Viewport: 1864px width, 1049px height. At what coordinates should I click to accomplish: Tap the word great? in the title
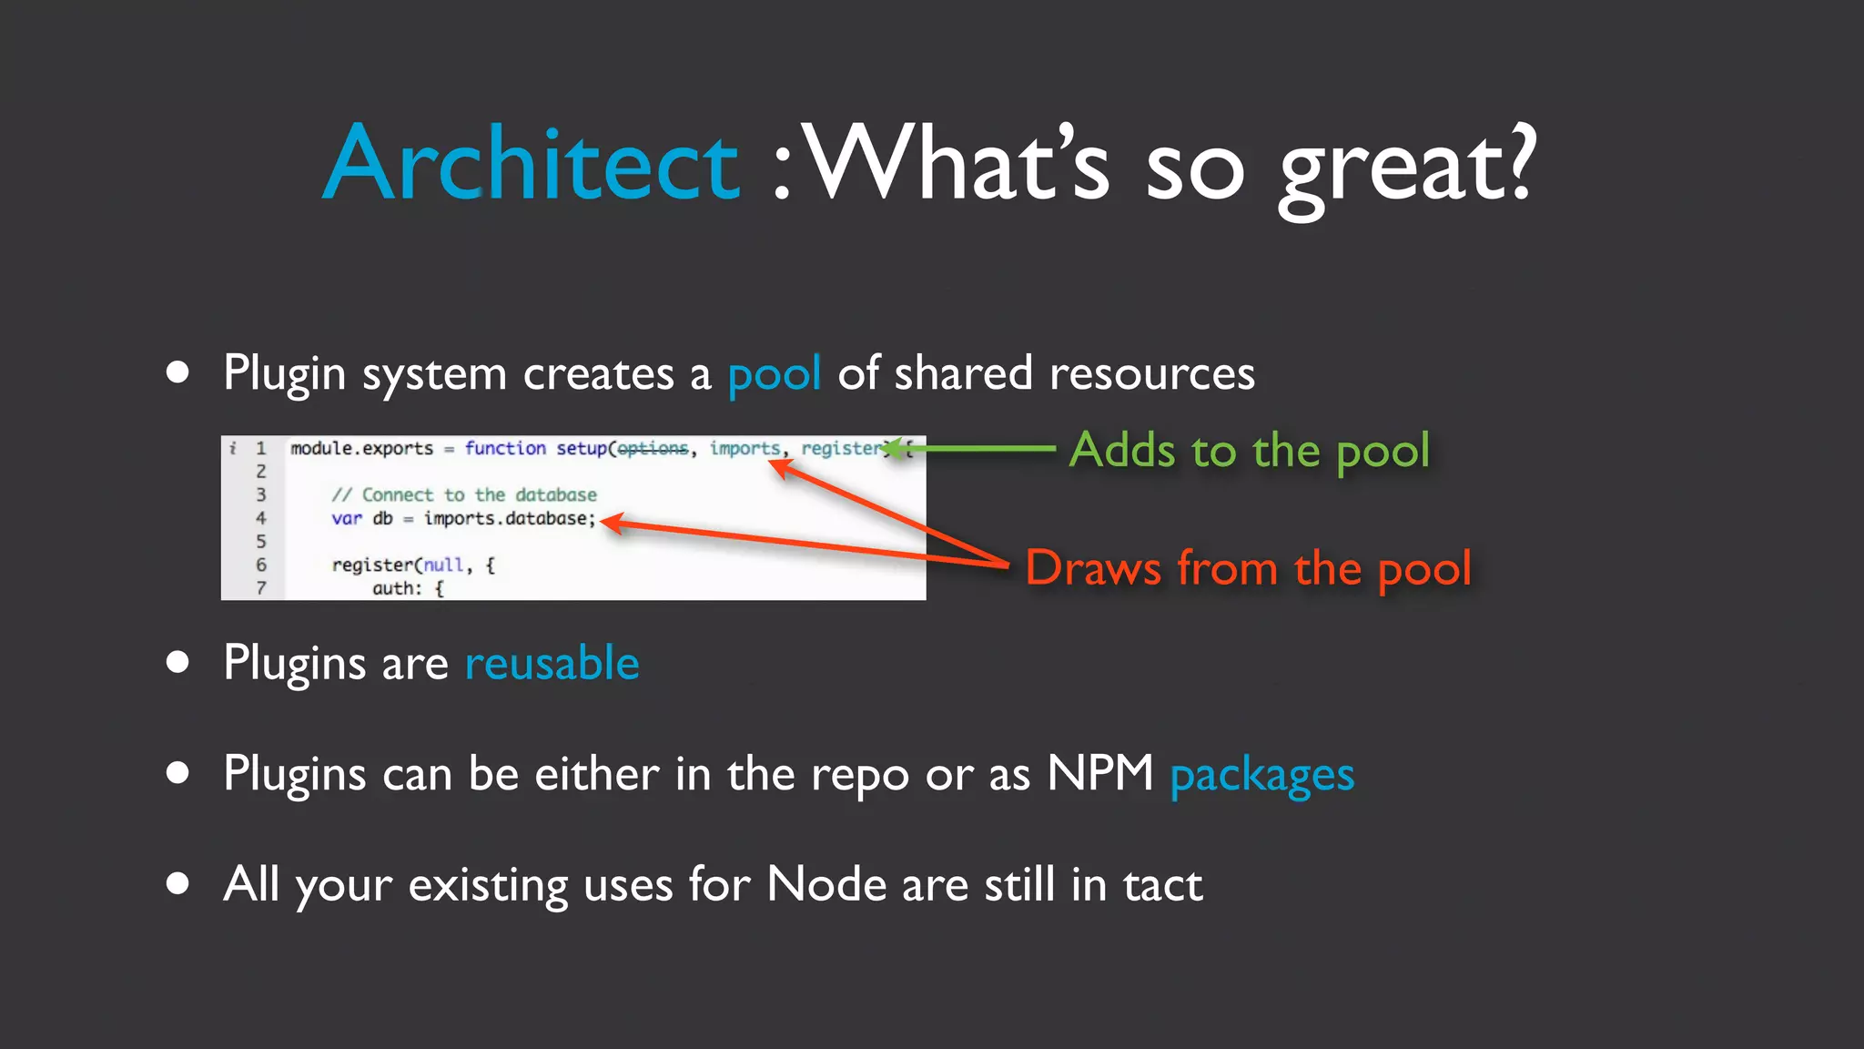pos(1406,168)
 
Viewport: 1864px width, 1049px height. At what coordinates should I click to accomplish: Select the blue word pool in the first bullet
pos(774,374)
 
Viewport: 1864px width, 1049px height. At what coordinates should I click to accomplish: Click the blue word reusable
pos(552,663)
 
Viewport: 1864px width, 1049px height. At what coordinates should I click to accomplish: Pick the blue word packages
pos(1261,776)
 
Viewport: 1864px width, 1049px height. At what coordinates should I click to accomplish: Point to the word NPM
pos(1099,774)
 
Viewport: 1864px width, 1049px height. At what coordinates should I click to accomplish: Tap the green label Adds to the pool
pos(1249,451)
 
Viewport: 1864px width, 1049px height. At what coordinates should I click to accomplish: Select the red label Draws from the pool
pos(1248,568)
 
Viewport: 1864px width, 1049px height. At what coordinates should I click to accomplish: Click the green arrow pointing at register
pos(974,448)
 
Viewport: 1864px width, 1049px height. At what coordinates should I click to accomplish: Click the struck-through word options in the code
pos(653,448)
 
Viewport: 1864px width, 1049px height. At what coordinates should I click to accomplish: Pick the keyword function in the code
pos(505,448)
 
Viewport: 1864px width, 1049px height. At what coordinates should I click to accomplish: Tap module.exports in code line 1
pos(361,448)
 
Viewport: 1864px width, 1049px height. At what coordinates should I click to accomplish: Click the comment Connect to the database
pos(464,494)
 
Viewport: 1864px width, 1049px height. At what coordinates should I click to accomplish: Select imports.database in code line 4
pos(509,518)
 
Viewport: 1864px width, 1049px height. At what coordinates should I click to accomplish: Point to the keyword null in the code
pos(443,565)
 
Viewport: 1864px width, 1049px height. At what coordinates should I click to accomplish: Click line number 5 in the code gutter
pos(261,542)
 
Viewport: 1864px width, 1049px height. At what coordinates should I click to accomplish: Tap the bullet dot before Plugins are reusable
pos(177,662)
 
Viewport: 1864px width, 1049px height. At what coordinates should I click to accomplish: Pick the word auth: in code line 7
pos(397,588)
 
